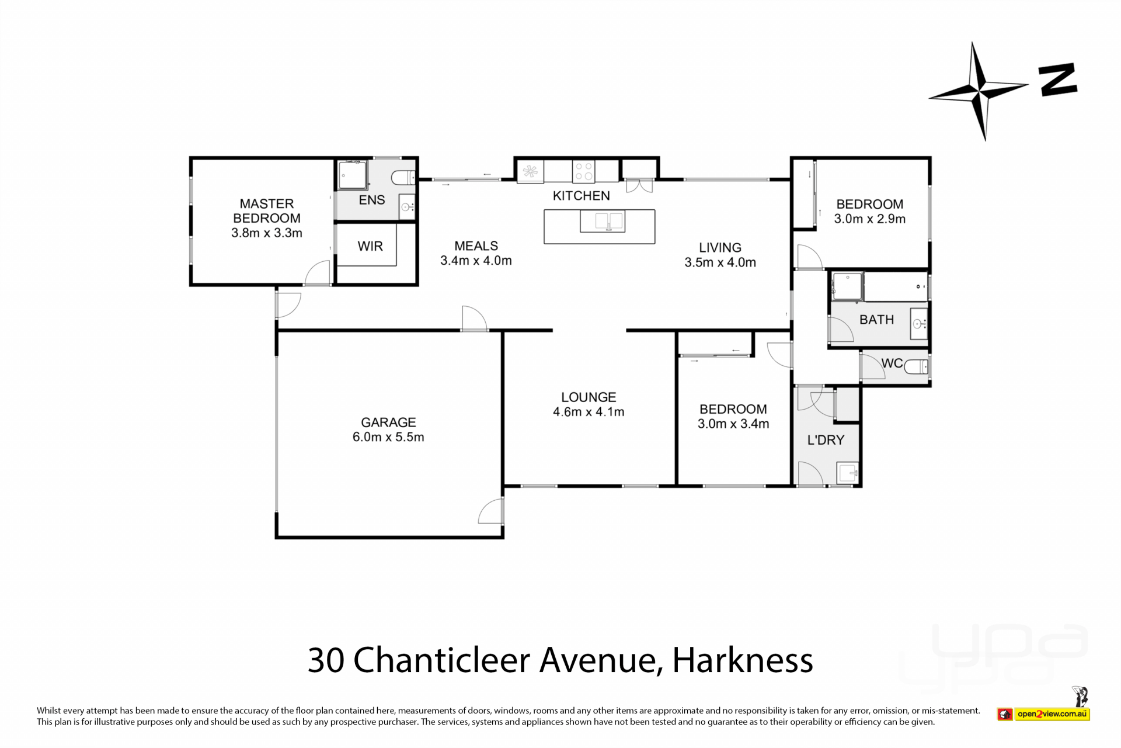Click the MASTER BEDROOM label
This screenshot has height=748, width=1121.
pos(267,211)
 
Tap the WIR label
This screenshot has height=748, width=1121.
pos(370,247)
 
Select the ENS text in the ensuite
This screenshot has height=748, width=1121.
pos(372,200)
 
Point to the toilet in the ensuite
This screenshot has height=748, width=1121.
pos(403,176)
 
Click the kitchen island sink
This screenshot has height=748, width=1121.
pos(603,222)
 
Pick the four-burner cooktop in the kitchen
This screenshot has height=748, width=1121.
pos(583,171)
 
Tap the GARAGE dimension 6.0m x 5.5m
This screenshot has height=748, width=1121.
pos(388,437)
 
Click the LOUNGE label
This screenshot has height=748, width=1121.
pos(589,397)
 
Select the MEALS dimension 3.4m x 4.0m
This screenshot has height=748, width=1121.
pos(476,261)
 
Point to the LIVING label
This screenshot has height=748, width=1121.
pos(720,248)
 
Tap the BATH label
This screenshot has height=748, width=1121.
pos(876,320)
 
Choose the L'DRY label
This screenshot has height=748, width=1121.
pos(826,440)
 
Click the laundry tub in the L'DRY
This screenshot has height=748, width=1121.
pos(847,473)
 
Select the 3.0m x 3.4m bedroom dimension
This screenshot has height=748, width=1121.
pos(733,424)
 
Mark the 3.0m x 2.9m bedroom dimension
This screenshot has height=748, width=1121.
pos(869,219)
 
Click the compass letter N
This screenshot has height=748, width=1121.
pos(1057,80)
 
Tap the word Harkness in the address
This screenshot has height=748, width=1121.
pos(743,660)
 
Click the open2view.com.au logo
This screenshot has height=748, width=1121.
pos(1043,714)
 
